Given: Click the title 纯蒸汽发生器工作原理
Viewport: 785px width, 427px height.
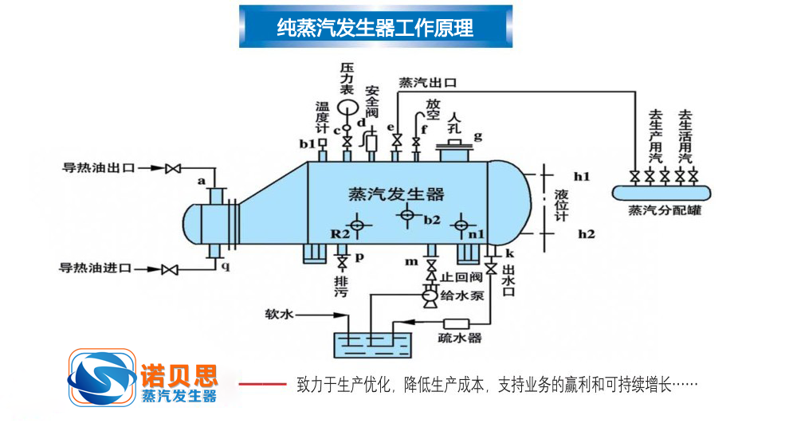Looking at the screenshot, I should pyautogui.click(x=375, y=28).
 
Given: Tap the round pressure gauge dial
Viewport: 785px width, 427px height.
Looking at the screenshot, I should pyautogui.click(x=347, y=108).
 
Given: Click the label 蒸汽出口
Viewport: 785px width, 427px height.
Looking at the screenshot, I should pyautogui.click(x=427, y=82).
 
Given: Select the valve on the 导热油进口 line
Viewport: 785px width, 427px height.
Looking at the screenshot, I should pyautogui.click(x=169, y=270).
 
